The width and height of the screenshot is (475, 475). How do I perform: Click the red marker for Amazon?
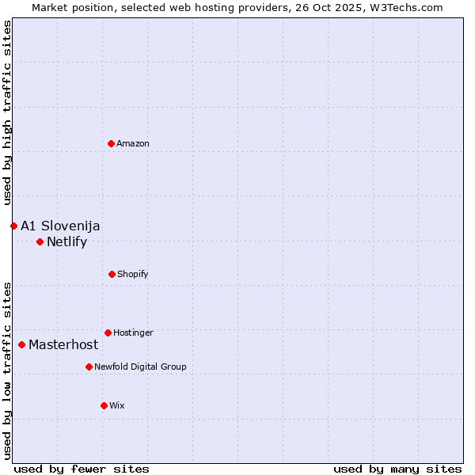112,143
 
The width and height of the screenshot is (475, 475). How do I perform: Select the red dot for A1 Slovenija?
13,226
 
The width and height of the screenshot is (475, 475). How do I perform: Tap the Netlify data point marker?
40,241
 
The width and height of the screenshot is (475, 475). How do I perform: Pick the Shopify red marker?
112,274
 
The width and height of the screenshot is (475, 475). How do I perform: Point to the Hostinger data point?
108,332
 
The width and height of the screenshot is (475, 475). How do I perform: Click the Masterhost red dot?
21,344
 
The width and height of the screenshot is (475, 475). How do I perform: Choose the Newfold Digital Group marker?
89,367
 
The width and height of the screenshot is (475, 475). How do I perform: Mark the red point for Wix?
104,405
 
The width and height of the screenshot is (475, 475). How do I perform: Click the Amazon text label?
133,143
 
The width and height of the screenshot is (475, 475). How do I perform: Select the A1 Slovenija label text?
60,226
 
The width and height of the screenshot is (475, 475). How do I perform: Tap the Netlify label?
66,241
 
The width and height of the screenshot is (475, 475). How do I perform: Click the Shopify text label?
133,274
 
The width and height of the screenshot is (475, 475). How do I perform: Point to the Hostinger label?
133,332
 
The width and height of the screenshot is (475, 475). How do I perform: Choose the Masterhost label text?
63,344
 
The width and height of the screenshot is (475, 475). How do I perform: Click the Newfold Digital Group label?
140,367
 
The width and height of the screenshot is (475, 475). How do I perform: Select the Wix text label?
117,405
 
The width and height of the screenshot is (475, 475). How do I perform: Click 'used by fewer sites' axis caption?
82,469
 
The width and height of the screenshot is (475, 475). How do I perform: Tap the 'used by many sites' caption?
397,469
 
